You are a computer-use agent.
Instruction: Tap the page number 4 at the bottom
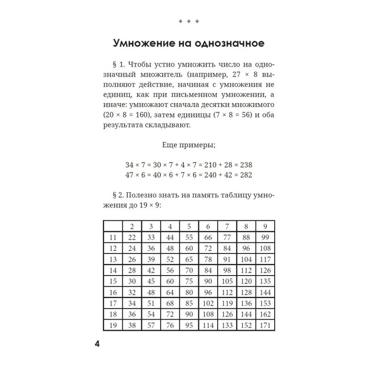(97, 345)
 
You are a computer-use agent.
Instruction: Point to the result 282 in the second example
(246, 175)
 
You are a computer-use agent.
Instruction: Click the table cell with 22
(132, 237)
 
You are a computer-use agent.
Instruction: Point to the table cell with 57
(151, 326)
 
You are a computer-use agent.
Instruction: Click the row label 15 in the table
(113, 281)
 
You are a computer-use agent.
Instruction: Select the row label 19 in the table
(113, 326)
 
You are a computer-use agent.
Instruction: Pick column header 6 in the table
(208, 226)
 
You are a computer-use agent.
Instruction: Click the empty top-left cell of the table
(113, 226)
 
